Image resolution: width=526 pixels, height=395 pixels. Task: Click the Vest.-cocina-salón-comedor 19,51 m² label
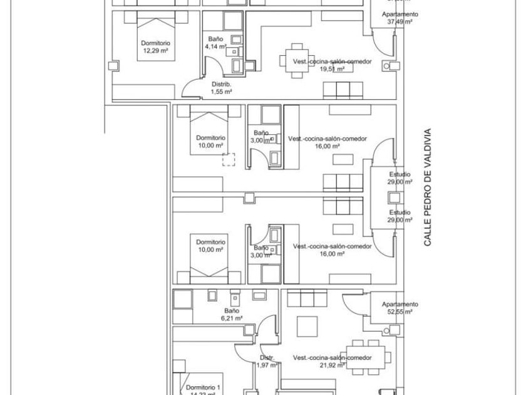pos(332,65)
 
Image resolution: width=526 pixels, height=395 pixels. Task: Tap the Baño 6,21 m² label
pos(230,314)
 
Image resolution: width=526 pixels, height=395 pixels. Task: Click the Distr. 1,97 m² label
pos(267,362)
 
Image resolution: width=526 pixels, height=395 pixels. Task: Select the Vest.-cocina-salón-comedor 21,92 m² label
pos(332,361)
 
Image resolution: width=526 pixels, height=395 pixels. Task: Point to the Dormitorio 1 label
pos(204,388)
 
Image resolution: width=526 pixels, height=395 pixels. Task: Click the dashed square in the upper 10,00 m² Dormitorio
pos(229,160)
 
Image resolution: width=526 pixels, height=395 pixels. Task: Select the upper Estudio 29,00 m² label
pos(400,177)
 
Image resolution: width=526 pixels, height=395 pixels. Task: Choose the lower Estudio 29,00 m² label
pos(400,216)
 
